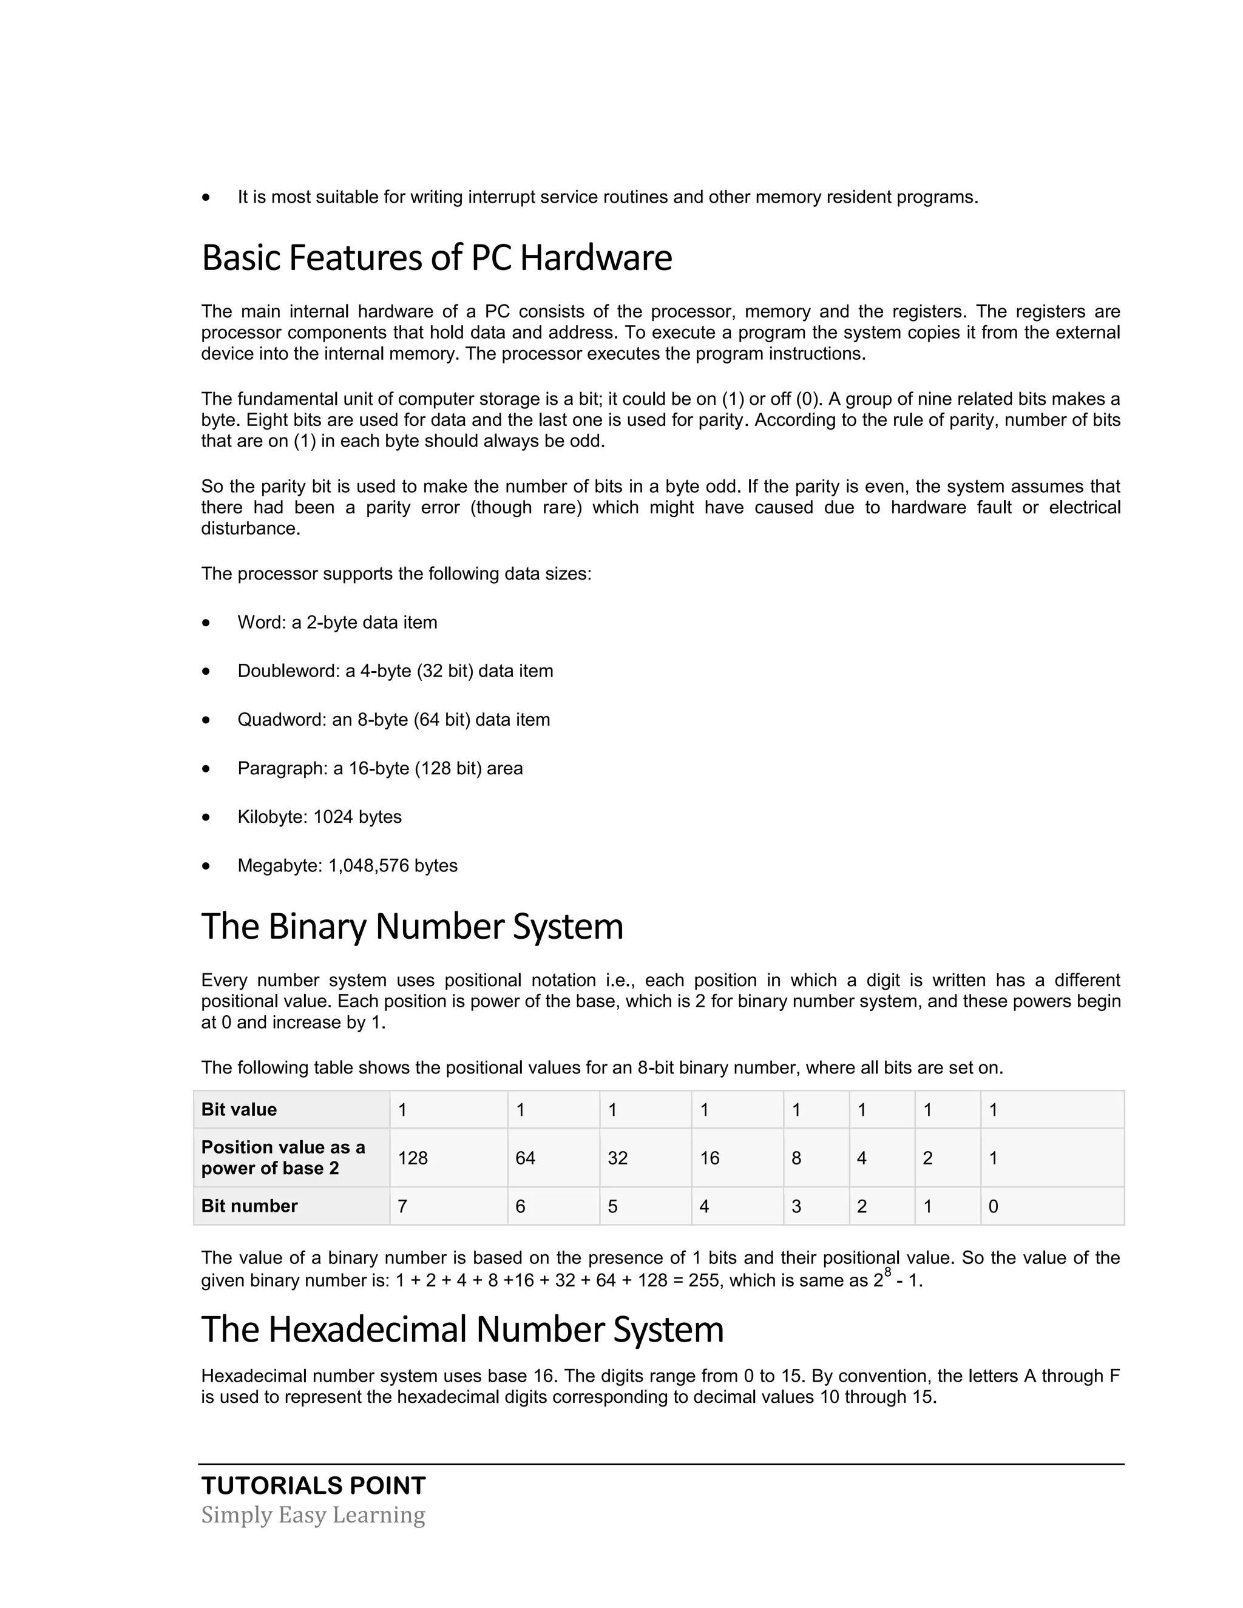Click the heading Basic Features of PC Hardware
436,258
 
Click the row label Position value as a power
283,1157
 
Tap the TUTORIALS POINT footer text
313,1486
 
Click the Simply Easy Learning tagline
313,1515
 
